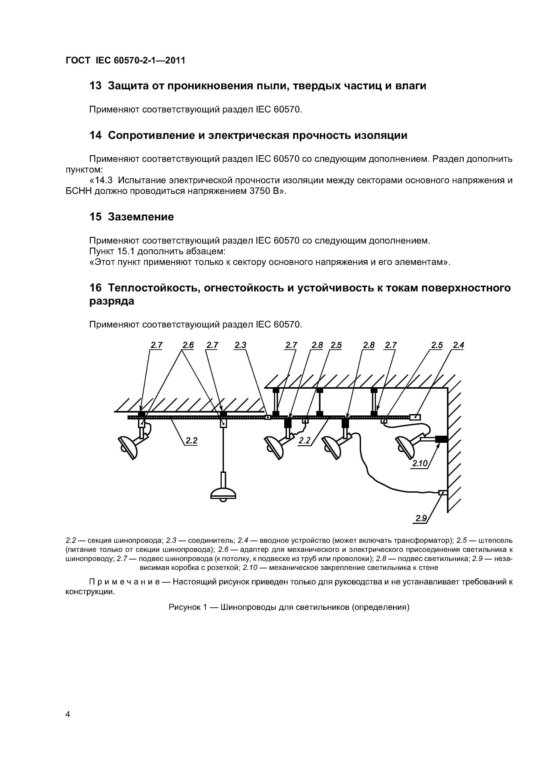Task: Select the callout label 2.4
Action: (459, 345)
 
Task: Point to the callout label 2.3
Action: (240, 345)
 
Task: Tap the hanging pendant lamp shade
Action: (223, 494)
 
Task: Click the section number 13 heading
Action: (95, 86)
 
